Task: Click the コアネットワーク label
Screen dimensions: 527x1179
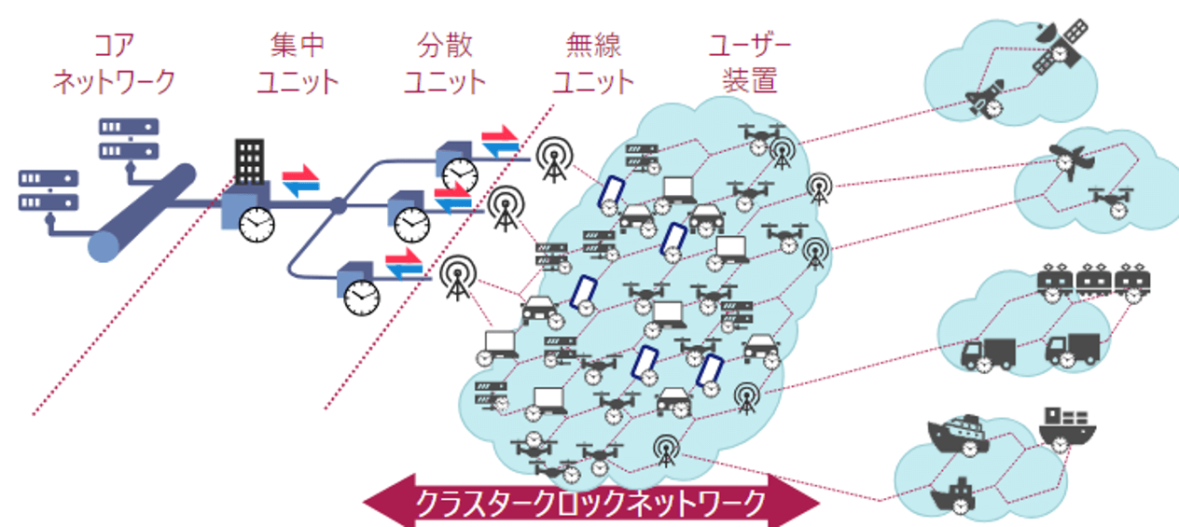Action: pos(113,63)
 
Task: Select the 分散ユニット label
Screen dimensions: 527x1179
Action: pos(445,63)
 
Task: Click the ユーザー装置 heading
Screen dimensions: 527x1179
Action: pos(749,62)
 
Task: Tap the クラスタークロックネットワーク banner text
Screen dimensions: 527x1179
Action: pos(590,504)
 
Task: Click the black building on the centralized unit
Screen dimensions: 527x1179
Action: pos(249,159)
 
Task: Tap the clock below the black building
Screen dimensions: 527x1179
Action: pos(257,224)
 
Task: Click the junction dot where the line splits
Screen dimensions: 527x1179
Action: pos(340,205)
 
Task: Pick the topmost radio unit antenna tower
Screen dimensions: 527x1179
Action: pos(552,158)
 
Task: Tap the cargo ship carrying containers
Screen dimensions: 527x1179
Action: pos(1066,424)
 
